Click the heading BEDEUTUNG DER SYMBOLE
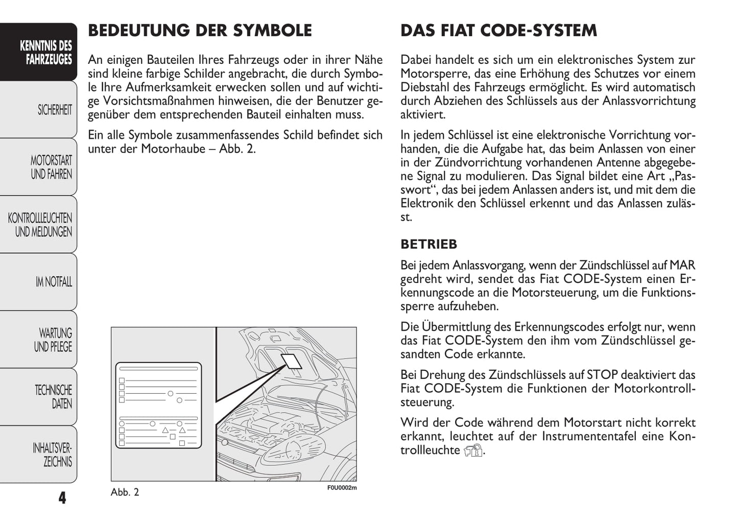pos(200,31)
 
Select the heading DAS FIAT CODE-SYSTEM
pos(498,31)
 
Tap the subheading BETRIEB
pos(428,244)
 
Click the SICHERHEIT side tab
pos(54,110)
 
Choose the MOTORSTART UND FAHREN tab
pos(51,168)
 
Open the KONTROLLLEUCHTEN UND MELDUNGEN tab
pos(40,225)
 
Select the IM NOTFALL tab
pos(54,282)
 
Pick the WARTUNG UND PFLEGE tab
pos(53,340)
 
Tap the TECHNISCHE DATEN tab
pos(53,397)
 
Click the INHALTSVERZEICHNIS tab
pos(52,455)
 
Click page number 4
pos(62,498)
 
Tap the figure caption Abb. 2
pos(125,492)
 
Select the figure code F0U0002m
pos(342,488)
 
